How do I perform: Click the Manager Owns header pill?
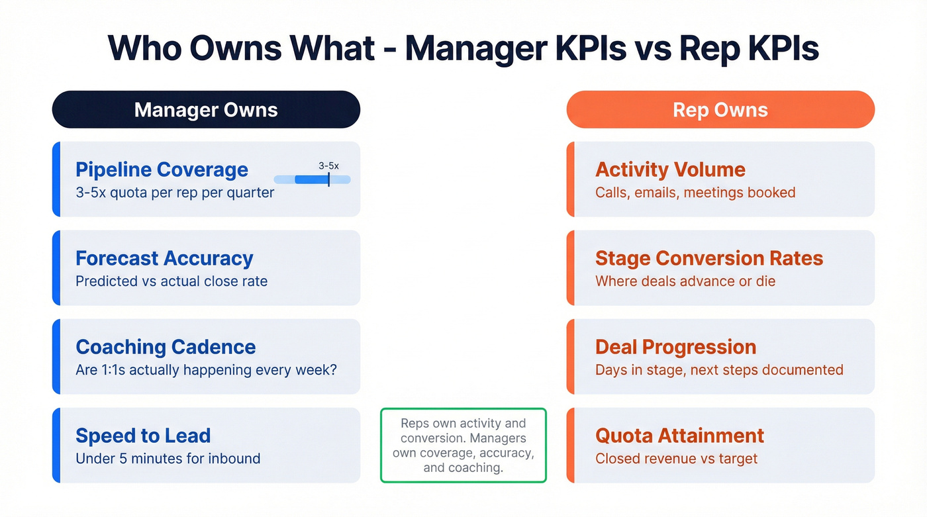[206, 110]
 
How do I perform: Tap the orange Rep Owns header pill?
[720, 110]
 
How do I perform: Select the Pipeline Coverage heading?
[162, 169]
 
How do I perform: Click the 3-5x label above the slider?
[328, 165]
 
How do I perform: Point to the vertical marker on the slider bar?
[328, 179]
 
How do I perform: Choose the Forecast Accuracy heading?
[164, 258]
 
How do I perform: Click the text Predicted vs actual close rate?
[171, 281]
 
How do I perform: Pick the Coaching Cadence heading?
[166, 347]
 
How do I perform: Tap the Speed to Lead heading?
[143, 436]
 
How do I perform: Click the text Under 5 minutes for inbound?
[168, 458]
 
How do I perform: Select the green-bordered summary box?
[463, 445]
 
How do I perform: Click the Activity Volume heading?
[670, 169]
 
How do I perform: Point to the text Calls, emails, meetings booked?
[695, 193]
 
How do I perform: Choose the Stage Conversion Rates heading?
[709, 258]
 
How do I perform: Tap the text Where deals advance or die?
[685, 281]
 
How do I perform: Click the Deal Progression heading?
[675, 347]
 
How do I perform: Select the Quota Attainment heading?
[679, 436]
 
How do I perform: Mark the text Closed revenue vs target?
[676, 458]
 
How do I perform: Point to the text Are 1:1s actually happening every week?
[206, 369]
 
